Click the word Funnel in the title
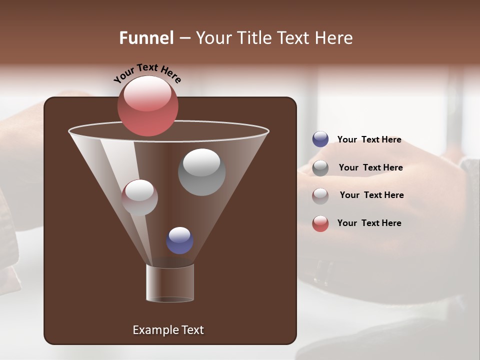click(x=146, y=38)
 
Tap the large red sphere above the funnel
click(x=148, y=106)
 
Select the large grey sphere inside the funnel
click(x=201, y=172)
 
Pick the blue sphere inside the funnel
click(x=179, y=240)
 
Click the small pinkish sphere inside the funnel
click(x=139, y=197)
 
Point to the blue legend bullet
click(x=320, y=139)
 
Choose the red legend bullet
click(x=320, y=223)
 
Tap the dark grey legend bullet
click(x=320, y=168)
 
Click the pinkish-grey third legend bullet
click(x=320, y=195)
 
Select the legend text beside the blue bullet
click(x=369, y=139)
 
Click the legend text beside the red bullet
click(x=369, y=223)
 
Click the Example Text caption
click(x=168, y=330)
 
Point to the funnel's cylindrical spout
click(x=170, y=283)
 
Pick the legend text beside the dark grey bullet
click(x=370, y=167)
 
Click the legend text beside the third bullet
click(x=371, y=195)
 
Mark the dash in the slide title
click(x=184, y=38)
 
